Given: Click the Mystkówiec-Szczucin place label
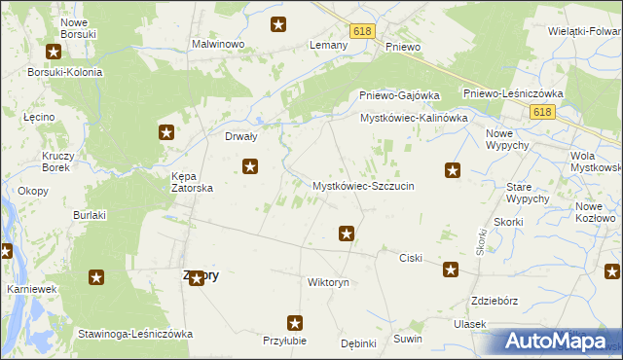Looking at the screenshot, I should [363, 186].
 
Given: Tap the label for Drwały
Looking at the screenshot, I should [240, 137].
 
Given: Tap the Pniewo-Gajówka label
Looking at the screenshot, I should [396, 95].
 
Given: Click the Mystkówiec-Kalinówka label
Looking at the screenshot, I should [415, 118].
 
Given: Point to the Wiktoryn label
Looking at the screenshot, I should [328, 282].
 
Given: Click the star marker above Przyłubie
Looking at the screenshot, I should [295, 322].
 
